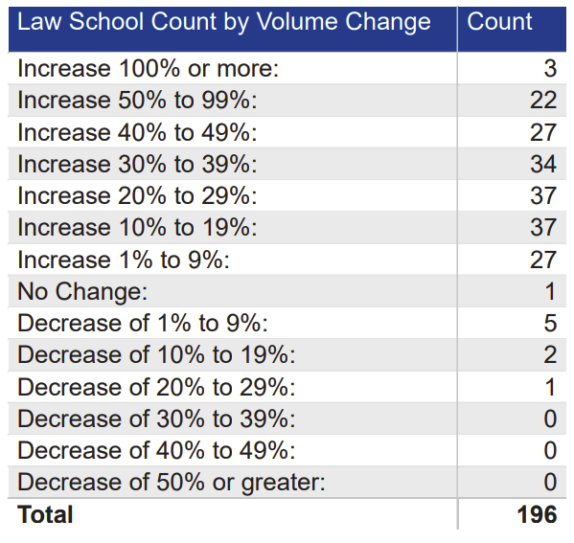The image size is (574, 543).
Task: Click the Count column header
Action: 499,21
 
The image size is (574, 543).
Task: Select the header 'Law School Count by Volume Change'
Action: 224,21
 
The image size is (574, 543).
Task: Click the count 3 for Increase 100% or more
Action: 549,68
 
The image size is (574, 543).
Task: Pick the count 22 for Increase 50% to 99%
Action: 542,100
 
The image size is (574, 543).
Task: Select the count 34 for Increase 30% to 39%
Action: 542,164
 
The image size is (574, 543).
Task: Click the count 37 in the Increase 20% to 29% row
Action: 542,195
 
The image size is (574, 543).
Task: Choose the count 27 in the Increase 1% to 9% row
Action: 542,260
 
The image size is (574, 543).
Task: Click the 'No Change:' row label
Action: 82,291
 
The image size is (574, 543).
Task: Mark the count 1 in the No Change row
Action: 549,291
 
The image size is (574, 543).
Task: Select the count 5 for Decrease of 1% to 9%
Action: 549,323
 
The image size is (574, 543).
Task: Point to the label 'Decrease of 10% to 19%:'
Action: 156,354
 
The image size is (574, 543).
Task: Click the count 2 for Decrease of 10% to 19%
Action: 549,354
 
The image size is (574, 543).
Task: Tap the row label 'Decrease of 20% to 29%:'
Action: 156,387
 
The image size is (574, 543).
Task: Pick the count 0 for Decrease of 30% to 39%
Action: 549,419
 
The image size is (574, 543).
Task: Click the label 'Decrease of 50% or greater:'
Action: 172,482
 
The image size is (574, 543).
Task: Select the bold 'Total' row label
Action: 45,514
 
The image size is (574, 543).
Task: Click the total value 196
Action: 536,514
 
